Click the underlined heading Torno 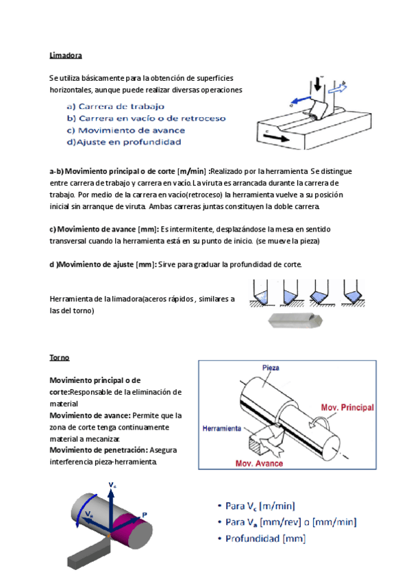pos(60,358)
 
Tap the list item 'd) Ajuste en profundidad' pos(123,142)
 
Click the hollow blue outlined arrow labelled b pos(338,88)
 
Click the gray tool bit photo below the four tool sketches pos(297,320)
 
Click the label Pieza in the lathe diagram pos(271,368)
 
